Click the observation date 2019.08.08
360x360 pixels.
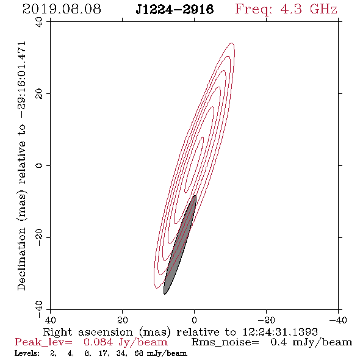click(x=62, y=9)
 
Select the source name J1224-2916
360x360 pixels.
click(x=175, y=9)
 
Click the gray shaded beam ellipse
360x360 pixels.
click(x=180, y=245)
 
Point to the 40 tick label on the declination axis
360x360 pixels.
click(x=39, y=22)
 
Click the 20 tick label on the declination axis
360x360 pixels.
click(x=39, y=94)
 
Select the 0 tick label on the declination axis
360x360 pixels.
click(x=39, y=165)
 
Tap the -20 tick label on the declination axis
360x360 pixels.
click(x=39, y=237)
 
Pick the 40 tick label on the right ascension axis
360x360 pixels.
click(x=50, y=320)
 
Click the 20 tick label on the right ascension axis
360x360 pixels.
click(x=122, y=320)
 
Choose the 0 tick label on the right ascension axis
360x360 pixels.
click(x=194, y=320)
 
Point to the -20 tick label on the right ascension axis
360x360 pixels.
click(x=266, y=320)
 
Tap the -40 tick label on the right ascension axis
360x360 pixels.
click(x=338, y=320)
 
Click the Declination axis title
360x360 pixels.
click(x=21, y=166)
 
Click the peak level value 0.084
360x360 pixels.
click(x=98, y=342)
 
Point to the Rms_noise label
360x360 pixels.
click(x=225, y=342)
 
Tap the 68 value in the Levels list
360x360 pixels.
click(x=139, y=353)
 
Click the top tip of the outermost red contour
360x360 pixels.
click(x=232, y=43)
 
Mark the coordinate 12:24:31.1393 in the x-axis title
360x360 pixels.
click(x=280, y=332)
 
